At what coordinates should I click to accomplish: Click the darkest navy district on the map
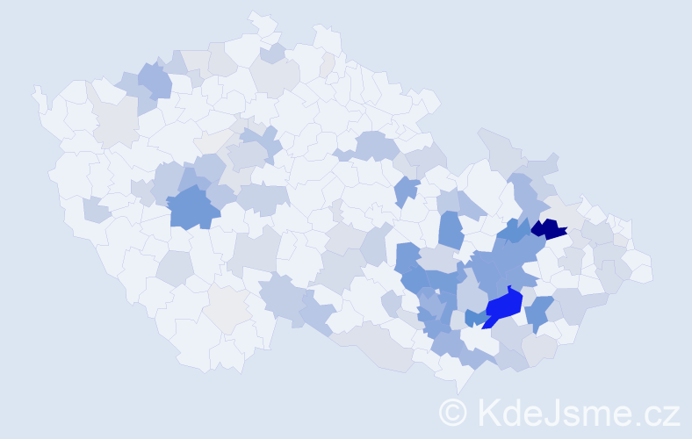(x=548, y=230)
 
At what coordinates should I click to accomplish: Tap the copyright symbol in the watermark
(x=453, y=412)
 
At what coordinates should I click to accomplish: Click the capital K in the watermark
(x=487, y=412)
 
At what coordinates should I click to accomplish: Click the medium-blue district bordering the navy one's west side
(x=515, y=232)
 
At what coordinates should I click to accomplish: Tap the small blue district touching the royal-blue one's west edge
(x=474, y=318)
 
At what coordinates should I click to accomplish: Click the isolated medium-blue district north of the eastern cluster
(x=407, y=190)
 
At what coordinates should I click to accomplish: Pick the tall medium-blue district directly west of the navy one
(x=451, y=230)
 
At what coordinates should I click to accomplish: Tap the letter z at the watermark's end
(x=672, y=413)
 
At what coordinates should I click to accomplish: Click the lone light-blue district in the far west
(x=97, y=211)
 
